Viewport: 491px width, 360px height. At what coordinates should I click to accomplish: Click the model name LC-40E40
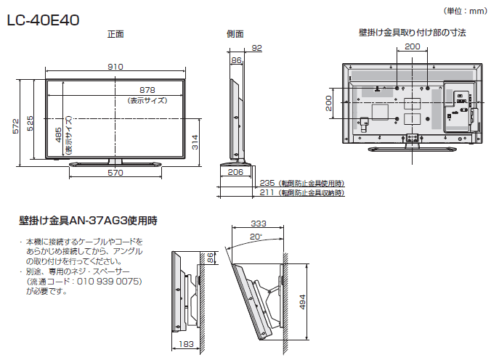[43, 20]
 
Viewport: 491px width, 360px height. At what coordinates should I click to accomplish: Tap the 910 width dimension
[115, 67]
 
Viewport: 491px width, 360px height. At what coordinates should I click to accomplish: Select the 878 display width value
[147, 90]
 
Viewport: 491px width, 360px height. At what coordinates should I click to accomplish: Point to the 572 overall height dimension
[16, 126]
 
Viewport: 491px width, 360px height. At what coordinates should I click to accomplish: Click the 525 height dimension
[30, 123]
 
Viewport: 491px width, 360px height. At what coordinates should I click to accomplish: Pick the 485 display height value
[59, 134]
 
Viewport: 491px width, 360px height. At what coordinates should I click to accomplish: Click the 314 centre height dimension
[195, 142]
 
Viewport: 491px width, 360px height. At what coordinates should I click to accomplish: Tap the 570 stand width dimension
[115, 173]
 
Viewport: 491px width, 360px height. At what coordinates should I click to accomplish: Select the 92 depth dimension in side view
[257, 48]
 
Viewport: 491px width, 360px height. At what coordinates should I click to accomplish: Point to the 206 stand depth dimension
[235, 172]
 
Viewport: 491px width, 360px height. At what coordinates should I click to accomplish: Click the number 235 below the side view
[267, 183]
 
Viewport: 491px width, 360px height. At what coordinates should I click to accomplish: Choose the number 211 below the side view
[267, 192]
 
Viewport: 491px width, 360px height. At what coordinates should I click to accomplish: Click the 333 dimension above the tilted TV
[259, 224]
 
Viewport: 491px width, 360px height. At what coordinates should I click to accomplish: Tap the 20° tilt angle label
[256, 237]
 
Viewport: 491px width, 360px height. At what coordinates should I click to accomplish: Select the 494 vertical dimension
[302, 302]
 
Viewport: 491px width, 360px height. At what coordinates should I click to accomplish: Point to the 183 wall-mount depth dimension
[186, 344]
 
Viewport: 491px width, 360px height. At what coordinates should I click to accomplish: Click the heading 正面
[115, 34]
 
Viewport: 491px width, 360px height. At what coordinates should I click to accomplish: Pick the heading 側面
[235, 34]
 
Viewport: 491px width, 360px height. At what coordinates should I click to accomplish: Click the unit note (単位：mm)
[466, 12]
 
